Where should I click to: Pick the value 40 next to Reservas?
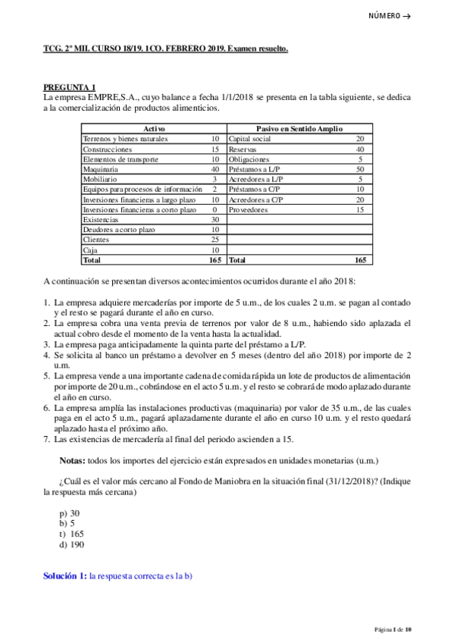point(359,149)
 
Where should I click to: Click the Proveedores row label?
point(248,209)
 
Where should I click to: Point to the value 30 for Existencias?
point(214,219)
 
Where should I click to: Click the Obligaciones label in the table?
point(249,159)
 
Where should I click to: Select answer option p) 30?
point(69,513)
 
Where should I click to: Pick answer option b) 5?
point(67,523)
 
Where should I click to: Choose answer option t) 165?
point(70,534)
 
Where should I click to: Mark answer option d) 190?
point(71,544)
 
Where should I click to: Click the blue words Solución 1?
point(64,576)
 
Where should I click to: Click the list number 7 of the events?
point(46,438)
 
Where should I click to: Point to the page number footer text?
point(393,629)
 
